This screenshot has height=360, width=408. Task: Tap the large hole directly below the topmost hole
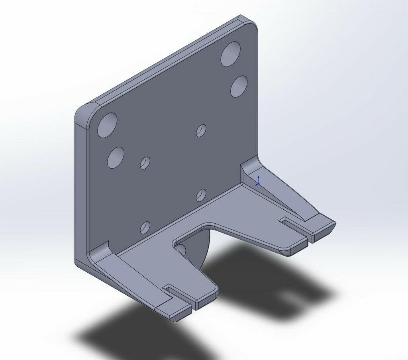click(239, 86)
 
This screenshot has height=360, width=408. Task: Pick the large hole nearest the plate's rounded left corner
click(107, 125)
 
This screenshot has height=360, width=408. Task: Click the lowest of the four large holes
click(116, 157)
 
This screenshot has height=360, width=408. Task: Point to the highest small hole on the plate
click(201, 130)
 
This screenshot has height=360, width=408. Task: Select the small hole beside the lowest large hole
click(145, 163)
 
